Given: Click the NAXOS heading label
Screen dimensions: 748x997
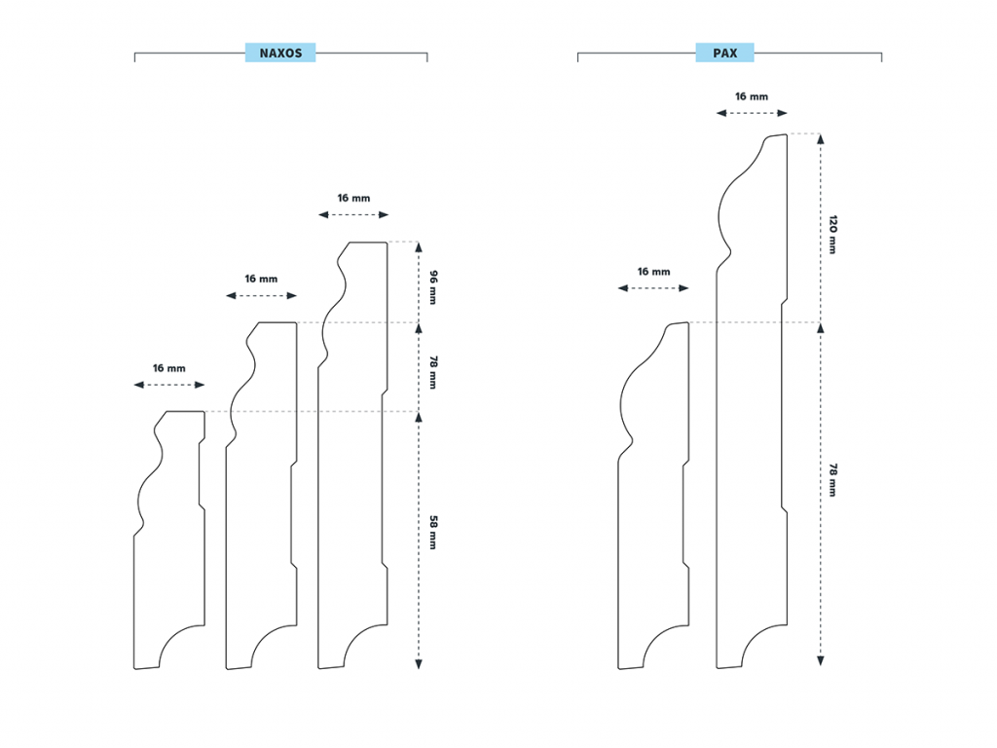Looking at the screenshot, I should (x=280, y=53).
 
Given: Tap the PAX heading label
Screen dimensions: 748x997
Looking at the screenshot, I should (x=724, y=53).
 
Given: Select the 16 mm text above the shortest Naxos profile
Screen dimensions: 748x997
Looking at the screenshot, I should (x=168, y=368).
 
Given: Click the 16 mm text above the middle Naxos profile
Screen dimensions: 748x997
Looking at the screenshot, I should (x=261, y=279).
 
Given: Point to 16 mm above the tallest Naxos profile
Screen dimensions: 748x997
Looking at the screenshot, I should (x=353, y=198).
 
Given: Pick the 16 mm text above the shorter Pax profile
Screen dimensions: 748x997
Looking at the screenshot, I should (x=653, y=272).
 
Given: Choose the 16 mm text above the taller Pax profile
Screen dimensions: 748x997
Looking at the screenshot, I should (x=752, y=96).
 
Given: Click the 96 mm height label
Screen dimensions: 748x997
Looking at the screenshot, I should (x=431, y=282).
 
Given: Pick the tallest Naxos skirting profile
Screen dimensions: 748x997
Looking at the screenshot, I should (x=351, y=487).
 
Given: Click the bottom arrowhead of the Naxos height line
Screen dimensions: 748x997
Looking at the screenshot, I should (x=419, y=663).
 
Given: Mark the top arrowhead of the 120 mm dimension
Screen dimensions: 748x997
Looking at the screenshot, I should (x=820, y=139).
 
